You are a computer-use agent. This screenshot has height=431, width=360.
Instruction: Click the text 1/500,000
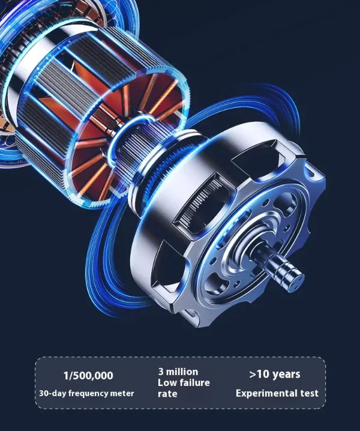[88, 376]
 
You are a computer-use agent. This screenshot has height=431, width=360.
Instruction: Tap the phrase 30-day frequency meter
[86, 393]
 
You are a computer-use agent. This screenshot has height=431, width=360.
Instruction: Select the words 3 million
[178, 372]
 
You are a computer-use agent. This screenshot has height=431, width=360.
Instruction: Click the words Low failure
[184, 382]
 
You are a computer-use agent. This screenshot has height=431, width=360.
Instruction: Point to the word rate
[167, 394]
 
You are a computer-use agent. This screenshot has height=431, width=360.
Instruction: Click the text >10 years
[275, 375]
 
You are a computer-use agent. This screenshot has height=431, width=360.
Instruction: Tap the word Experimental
[266, 393]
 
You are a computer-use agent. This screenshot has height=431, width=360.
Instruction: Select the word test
[309, 393]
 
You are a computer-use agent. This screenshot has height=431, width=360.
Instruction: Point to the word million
[182, 372]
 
